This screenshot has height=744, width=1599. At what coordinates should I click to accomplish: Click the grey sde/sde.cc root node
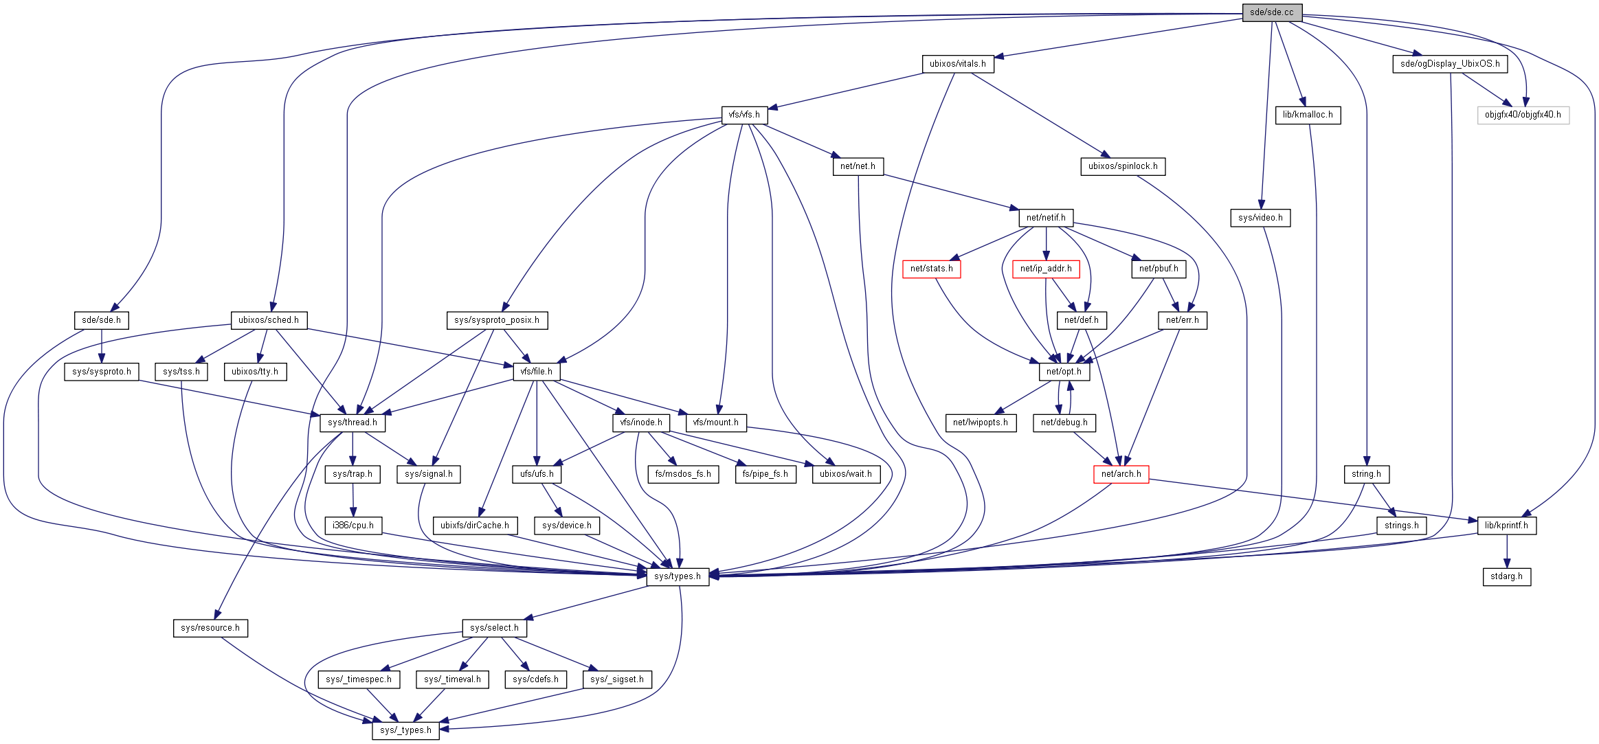(1271, 12)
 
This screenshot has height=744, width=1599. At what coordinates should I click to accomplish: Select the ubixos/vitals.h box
(957, 64)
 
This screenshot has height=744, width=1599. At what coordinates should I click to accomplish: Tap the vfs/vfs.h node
(744, 115)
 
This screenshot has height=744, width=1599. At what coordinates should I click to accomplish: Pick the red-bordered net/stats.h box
(931, 269)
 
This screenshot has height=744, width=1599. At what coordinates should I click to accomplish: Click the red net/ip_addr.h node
(1045, 269)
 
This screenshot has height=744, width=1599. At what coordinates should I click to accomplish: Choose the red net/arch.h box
(1121, 474)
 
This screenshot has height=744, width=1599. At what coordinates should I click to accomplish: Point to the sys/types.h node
(677, 576)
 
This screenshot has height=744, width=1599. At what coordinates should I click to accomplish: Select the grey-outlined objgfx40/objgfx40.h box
(1523, 115)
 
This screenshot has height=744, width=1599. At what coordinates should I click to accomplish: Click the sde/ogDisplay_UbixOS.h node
(1450, 64)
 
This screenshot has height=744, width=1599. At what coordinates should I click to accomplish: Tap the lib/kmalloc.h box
(1307, 115)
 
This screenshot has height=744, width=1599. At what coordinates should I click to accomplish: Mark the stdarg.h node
(1506, 576)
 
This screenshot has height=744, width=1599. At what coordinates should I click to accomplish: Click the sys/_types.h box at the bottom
(405, 730)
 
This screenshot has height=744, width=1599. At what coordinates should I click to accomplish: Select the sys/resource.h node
(210, 628)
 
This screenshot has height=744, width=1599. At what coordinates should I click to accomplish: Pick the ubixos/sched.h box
(268, 320)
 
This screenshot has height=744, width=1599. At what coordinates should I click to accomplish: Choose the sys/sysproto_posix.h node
(496, 320)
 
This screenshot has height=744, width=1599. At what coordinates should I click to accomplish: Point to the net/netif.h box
(1045, 218)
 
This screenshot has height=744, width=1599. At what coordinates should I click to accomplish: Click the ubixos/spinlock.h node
(1122, 166)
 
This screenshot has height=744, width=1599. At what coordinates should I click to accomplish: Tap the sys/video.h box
(1260, 218)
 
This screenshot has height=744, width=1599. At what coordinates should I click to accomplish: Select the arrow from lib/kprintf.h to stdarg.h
(1507, 551)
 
